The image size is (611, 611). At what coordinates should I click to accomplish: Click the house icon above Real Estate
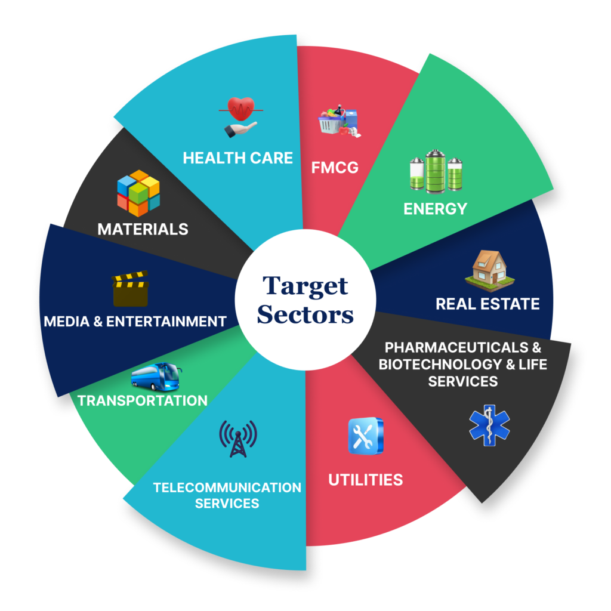[x=489, y=267]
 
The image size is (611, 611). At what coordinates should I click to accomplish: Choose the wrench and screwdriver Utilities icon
[x=365, y=436]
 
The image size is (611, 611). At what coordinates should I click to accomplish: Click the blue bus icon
[x=156, y=377]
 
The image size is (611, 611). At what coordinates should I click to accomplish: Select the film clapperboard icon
[x=130, y=289]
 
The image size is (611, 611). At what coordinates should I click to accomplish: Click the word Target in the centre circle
[x=305, y=286]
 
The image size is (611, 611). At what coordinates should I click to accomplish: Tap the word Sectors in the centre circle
[x=305, y=314]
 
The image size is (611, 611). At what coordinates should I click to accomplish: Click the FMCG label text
[x=335, y=167]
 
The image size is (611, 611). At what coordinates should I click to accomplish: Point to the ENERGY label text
[x=435, y=209]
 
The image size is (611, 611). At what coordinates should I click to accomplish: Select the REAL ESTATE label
[x=487, y=304]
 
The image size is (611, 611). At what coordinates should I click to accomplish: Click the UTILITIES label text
[x=365, y=479]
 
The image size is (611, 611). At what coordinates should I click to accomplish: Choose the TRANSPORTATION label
[x=143, y=400]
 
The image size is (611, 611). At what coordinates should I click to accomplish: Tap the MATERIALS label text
[x=143, y=229]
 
